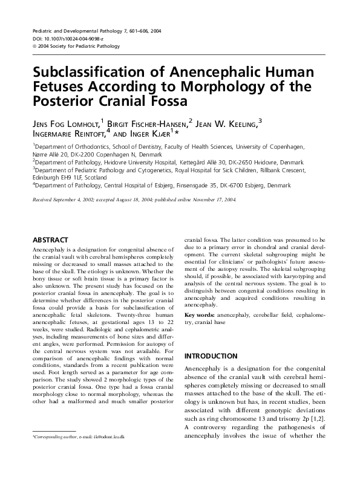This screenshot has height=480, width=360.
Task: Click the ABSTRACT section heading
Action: point(50,240)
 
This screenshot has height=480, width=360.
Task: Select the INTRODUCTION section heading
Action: point(211,356)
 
